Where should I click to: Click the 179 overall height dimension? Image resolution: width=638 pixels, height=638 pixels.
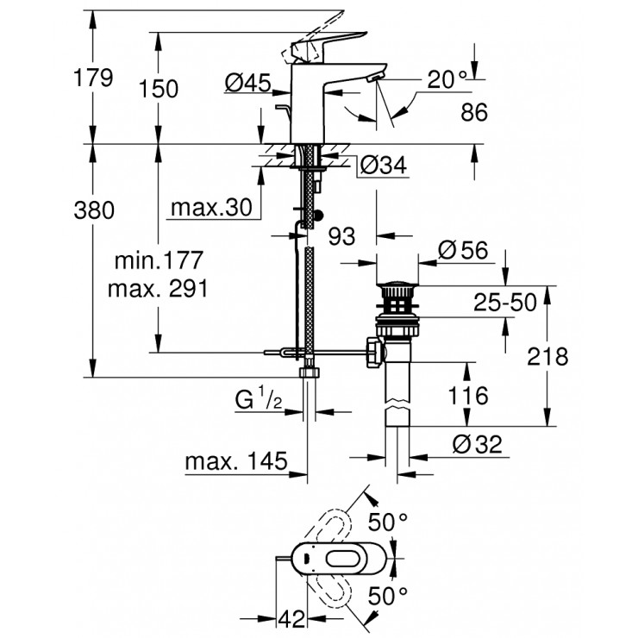pyautogui.click(x=94, y=78)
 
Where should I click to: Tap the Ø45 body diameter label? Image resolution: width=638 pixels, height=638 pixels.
pyautogui.click(x=247, y=83)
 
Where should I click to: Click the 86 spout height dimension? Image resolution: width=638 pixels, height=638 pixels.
pyautogui.click(x=474, y=112)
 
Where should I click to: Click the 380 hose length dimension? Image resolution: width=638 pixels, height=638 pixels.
pyautogui.click(x=94, y=210)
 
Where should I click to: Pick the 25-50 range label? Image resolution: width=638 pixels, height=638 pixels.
pyautogui.click(x=504, y=302)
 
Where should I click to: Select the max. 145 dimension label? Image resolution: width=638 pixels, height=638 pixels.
pyautogui.click(x=235, y=462)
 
